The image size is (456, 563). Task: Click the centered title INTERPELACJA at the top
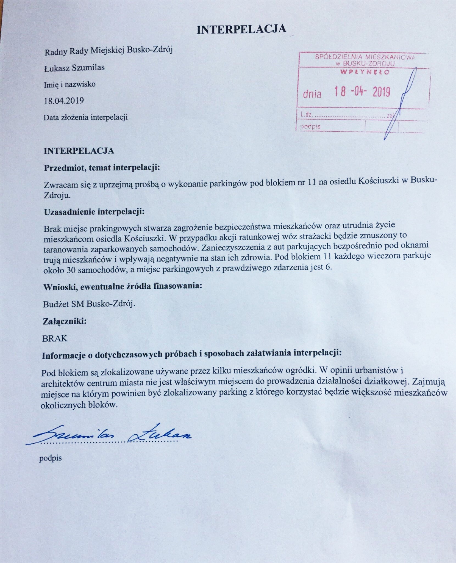[241, 29]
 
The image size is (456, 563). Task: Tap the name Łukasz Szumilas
[74, 68]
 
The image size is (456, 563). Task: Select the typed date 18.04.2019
[64, 101]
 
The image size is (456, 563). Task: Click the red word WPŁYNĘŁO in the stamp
[364, 73]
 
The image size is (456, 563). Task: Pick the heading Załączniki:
[65, 321]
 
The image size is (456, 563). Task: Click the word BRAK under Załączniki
[55, 338]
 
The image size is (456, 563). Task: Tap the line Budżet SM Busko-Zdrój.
[89, 304]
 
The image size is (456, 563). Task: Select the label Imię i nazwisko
[70, 84]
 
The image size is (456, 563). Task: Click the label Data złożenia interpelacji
[86, 117]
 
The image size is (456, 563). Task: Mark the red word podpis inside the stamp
[310, 127]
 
